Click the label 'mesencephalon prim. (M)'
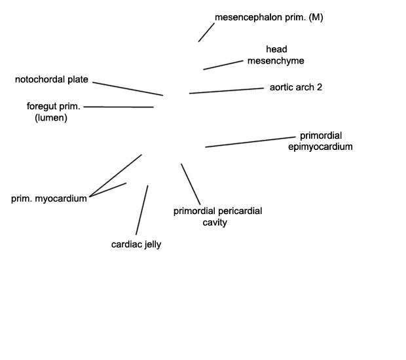click(x=268, y=17)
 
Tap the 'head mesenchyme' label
click(x=276, y=55)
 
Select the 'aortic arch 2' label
click(x=296, y=87)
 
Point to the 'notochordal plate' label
click(x=52, y=79)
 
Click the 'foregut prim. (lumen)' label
click(x=53, y=112)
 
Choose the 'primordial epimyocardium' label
click(x=320, y=141)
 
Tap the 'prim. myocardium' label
click(x=49, y=198)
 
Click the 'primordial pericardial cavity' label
click(x=217, y=217)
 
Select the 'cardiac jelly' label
click(x=136, y=244)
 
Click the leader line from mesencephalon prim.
click(x=206, y=32)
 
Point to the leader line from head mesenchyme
click(x=223, y=65)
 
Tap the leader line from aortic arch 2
click(x=227, y=90)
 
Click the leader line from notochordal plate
click(x=128, y=89)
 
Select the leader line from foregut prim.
click(x=119, y=107)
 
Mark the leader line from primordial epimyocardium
click(x=250, y=142)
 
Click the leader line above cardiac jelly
click(x=142, y=210)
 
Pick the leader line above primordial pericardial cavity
click(x=191, y=184)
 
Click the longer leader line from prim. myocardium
click(x=115, y=175)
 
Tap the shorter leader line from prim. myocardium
click(x=107, y=190)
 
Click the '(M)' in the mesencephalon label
click(x=316, y=17)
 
